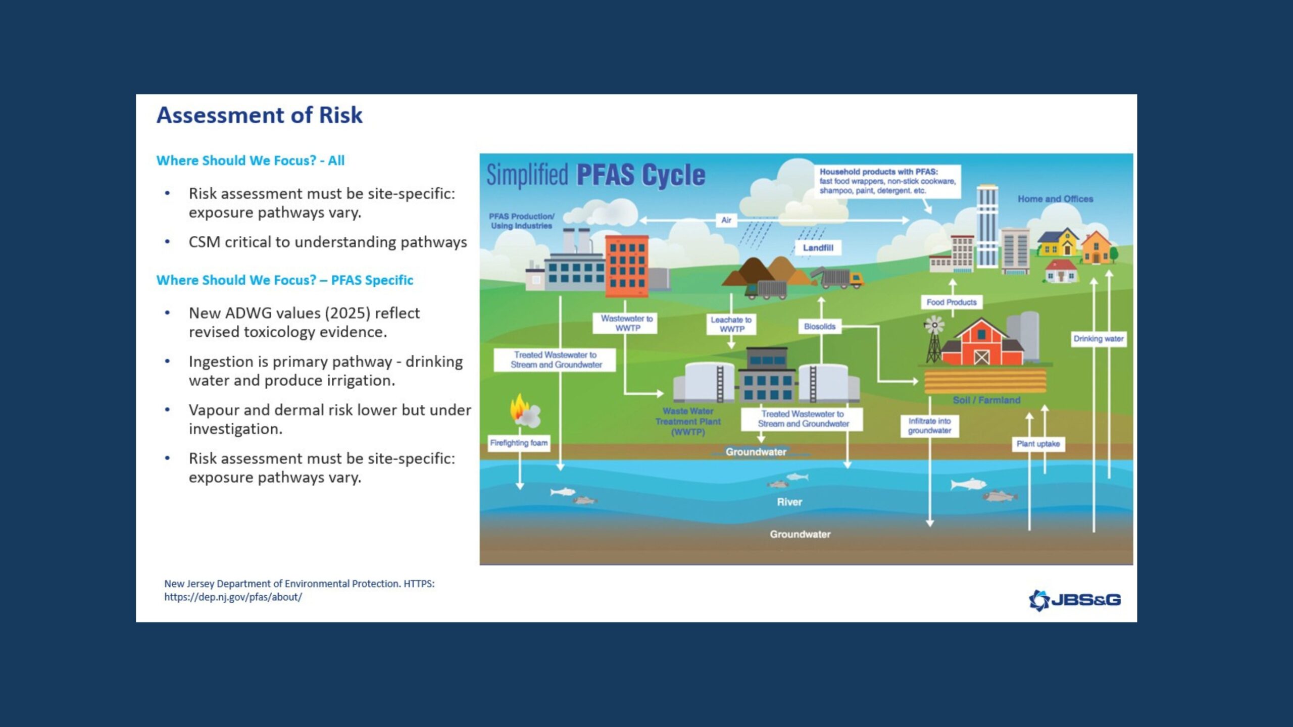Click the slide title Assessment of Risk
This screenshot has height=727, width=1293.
259,115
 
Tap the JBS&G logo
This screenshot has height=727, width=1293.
1075,600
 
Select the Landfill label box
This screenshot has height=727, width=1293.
818,248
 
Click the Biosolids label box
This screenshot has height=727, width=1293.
819,327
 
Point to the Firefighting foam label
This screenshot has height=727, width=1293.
519,443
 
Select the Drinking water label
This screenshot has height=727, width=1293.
1098,339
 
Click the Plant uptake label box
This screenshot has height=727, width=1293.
1038,444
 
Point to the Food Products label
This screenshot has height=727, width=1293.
951,302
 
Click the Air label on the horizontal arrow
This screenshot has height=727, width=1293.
726,220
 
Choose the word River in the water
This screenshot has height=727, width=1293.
789,502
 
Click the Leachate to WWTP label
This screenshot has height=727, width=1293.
731,324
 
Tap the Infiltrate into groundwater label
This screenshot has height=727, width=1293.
929,426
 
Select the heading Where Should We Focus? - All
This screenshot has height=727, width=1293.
250,161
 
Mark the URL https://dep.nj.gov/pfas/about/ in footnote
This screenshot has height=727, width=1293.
233,597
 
